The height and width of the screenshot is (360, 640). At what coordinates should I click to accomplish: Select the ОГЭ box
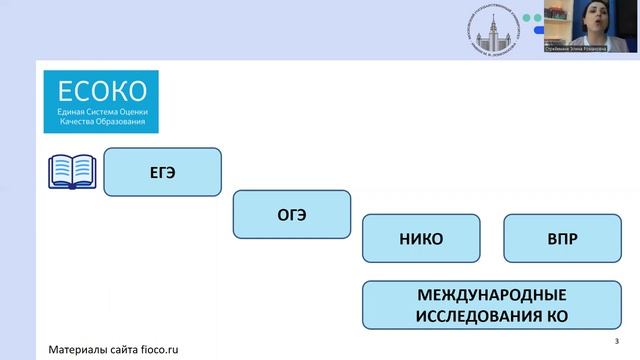291,214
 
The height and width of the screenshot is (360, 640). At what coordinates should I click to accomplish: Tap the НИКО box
420,239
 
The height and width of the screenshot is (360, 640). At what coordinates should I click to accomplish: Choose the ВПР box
563,239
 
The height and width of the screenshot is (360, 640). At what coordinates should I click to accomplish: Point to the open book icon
72,171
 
